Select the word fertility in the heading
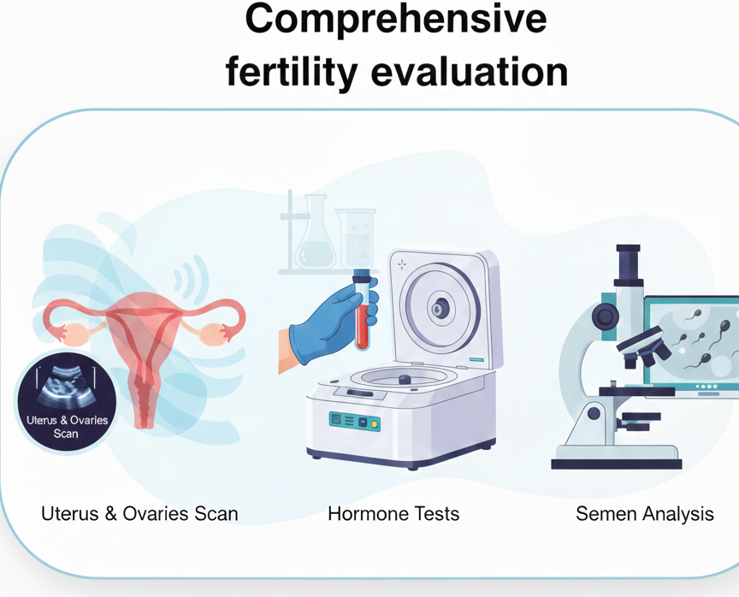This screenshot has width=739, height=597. [x=290, y=72]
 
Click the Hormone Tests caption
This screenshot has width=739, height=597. [x=393, y=514]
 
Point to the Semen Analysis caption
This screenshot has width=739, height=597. [x=644, y=514]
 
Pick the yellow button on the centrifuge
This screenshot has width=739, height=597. [x=375, y=423]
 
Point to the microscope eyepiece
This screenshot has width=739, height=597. [x=629, y=265]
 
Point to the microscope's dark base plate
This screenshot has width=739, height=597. [x=616, y=463]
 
